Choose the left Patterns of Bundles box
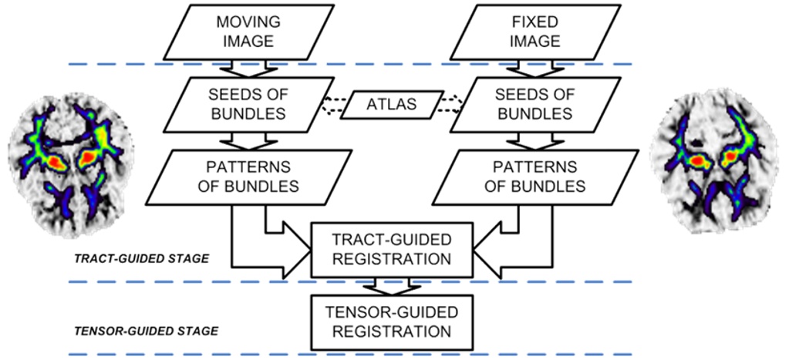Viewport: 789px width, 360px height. pyautogui.click(x=244, y=177)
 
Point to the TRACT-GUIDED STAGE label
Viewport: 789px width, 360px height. pyautogui.click(x=142, y=259)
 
